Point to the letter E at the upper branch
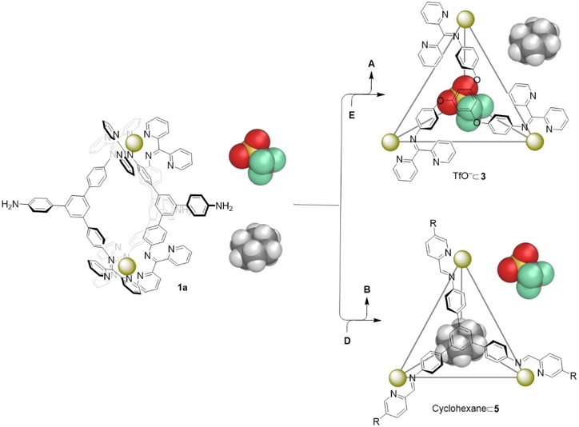[349, 114]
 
